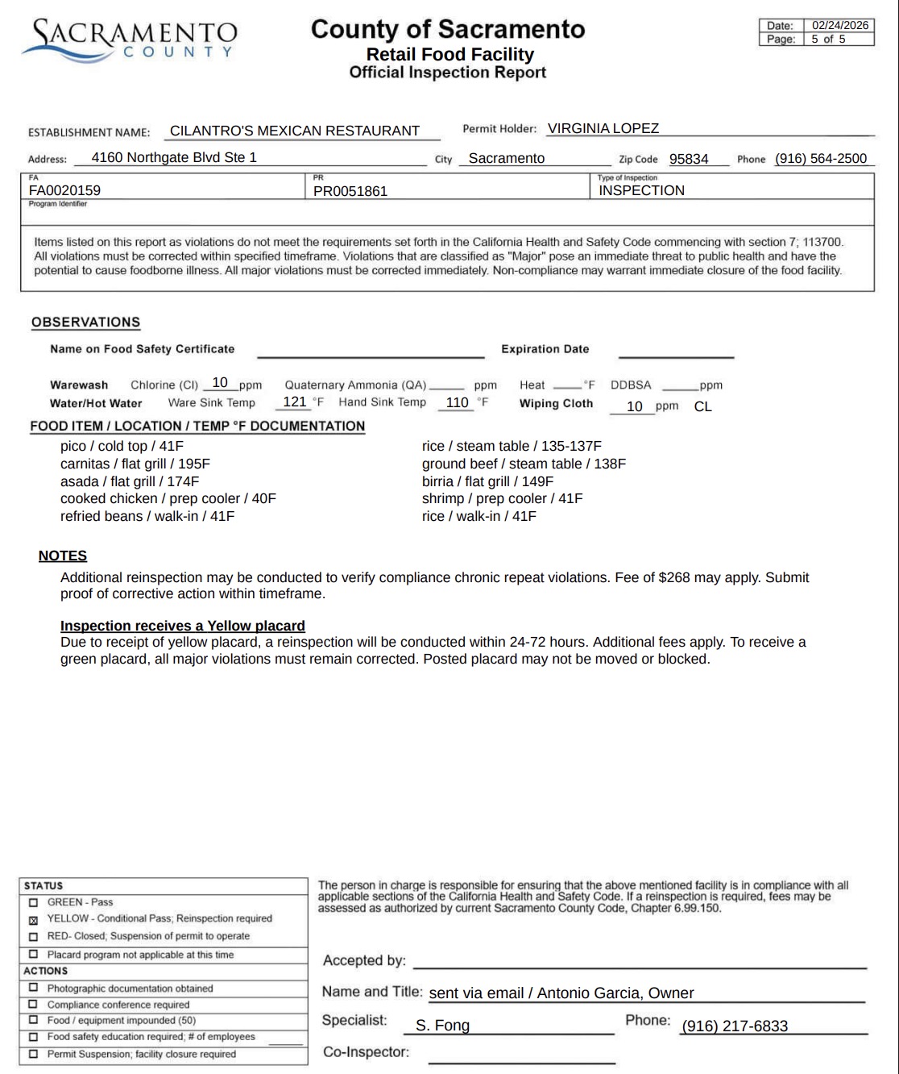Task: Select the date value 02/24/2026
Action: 839,25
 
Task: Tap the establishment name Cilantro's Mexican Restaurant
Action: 294,131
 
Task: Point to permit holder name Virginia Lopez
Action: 603,128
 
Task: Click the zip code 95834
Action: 689,159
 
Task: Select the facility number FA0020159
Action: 64,191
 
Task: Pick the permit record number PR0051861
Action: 350,191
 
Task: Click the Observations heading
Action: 85,323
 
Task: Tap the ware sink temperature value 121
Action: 294,402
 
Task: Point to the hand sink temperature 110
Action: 457,402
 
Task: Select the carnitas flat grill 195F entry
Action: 135,464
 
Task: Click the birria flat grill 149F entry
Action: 487,481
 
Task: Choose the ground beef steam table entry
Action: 524,464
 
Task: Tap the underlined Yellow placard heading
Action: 182,626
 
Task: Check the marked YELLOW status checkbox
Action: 33,920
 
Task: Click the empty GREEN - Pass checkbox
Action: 33,902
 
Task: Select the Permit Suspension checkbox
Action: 33,1054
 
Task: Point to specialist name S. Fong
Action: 442,1026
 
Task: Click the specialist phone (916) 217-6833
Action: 735,1026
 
